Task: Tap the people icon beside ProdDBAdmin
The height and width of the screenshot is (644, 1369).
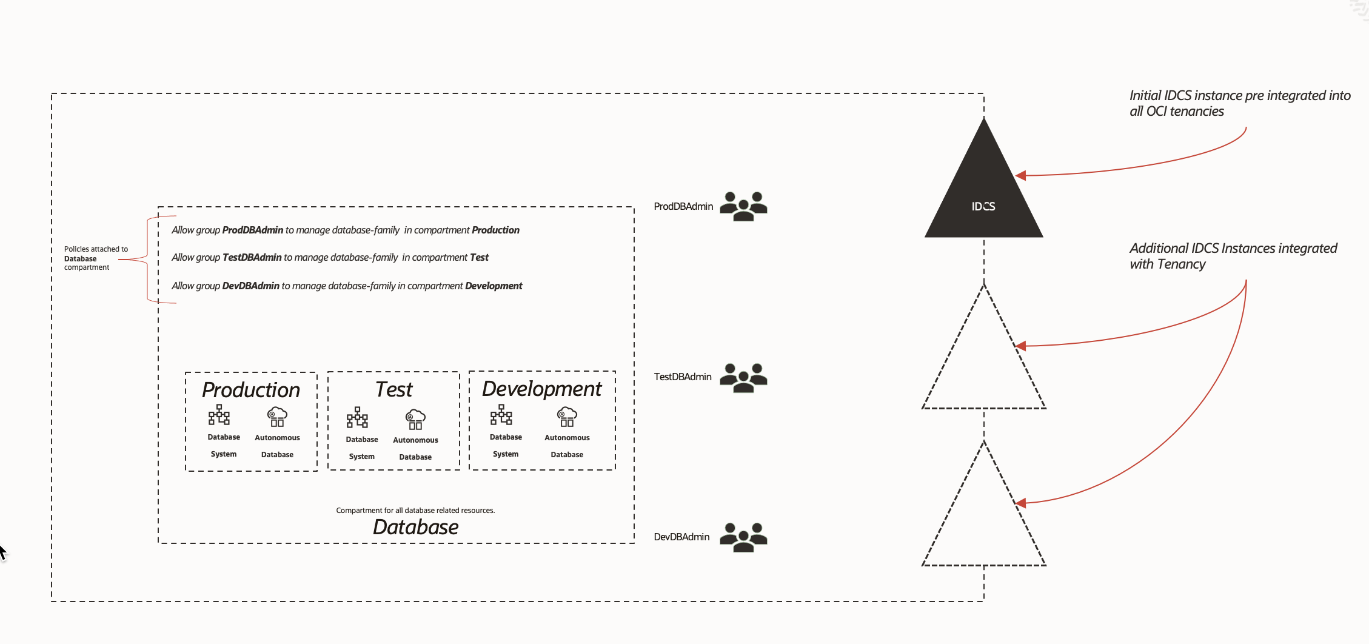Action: [743, 206]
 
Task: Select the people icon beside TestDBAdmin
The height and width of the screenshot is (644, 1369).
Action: [743, 378]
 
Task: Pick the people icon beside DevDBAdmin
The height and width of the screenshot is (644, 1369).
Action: [743, 537]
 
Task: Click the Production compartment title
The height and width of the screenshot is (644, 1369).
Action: [251, 390]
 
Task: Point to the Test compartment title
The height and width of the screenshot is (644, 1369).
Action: [393, 389]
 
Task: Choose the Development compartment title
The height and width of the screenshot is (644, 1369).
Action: [541, 389]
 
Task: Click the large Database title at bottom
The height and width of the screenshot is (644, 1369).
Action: [415, 527]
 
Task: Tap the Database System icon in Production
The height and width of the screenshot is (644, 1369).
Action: [219, 415]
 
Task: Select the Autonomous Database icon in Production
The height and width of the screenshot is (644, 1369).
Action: [277, 417]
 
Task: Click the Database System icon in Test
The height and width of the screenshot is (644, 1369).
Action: [357, 418]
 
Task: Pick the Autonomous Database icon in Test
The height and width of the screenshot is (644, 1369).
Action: [415, 419]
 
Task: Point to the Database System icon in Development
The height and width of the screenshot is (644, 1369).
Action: [501, 415]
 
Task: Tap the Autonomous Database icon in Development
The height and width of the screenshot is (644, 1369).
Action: [567, 417]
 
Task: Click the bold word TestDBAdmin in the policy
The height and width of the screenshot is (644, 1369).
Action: [252, 258]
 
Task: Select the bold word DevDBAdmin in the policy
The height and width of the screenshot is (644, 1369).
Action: [250, 286]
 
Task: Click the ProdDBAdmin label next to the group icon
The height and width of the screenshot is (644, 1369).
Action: [683, 207]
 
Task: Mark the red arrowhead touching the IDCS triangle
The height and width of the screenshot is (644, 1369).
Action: [1021, 176]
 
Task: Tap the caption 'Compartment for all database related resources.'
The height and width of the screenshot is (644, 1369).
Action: [415, 511]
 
